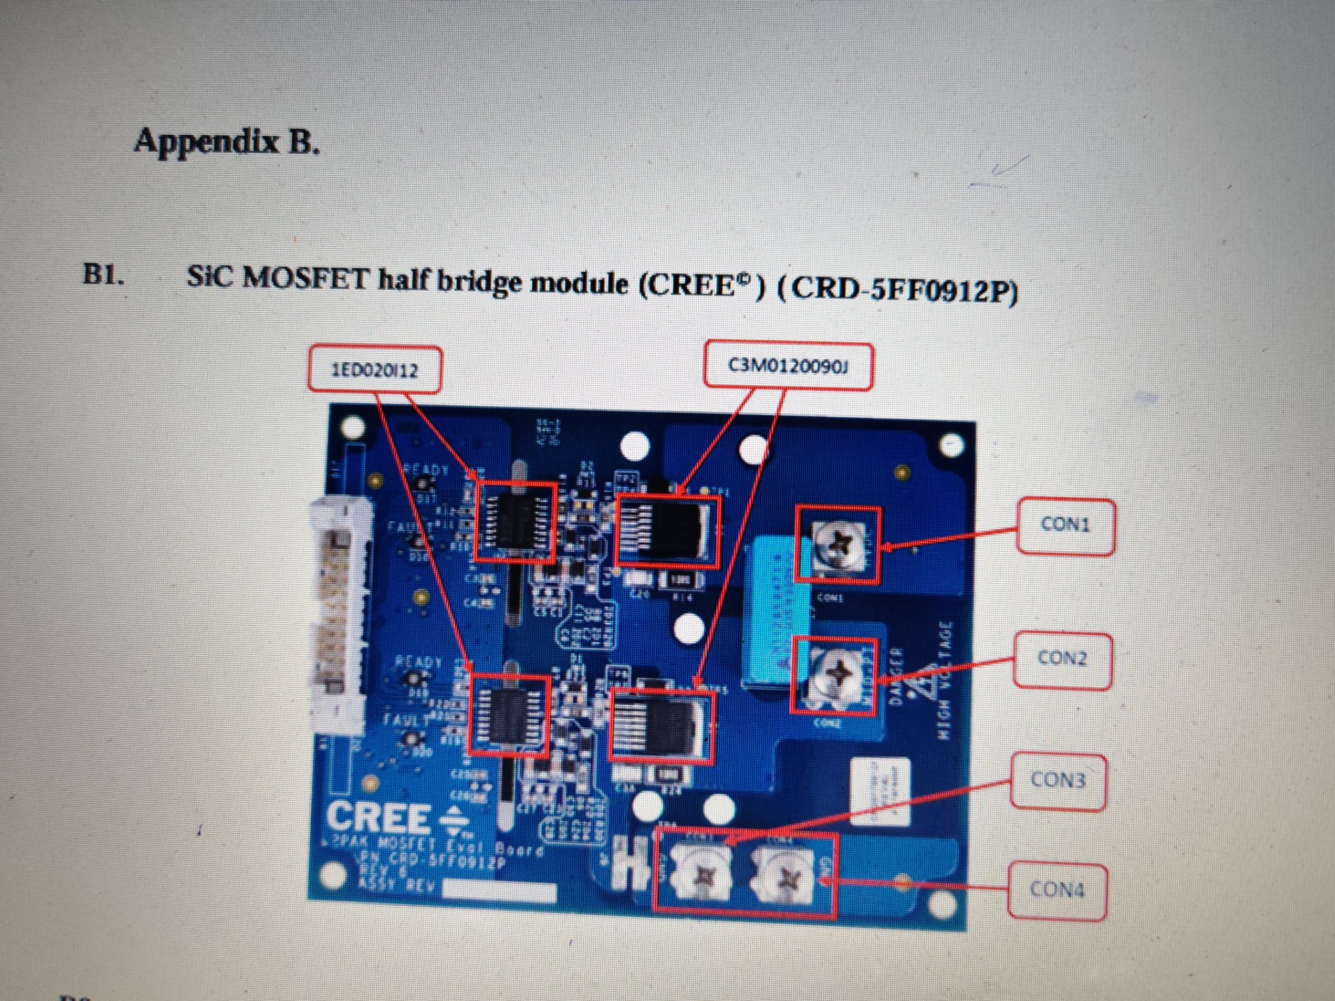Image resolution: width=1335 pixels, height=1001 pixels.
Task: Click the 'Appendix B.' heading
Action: pos(227,141)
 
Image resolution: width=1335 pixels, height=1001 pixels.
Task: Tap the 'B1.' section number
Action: pos(104,275)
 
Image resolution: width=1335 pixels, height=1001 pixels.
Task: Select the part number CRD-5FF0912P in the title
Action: pos(904,289)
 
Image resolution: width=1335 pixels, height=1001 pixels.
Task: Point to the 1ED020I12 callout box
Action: pos(375,368)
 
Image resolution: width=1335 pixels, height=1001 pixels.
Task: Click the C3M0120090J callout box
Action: pos(788,366)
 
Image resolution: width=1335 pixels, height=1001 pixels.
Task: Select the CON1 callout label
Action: pos(1065,525)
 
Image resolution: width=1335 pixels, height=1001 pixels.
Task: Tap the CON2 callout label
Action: pos(1062,658)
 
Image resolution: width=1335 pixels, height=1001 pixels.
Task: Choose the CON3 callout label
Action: pos(1058,780)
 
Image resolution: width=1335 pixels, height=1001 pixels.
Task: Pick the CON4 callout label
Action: pos(1057,890)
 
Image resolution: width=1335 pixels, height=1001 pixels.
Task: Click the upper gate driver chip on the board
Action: pos(515,522)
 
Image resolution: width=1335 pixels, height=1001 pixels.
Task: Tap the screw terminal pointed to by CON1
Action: pos(837,544)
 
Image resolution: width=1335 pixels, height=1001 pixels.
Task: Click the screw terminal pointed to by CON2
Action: pos(834,674)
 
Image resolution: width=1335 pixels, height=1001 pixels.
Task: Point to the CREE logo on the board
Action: pos(379,817)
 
